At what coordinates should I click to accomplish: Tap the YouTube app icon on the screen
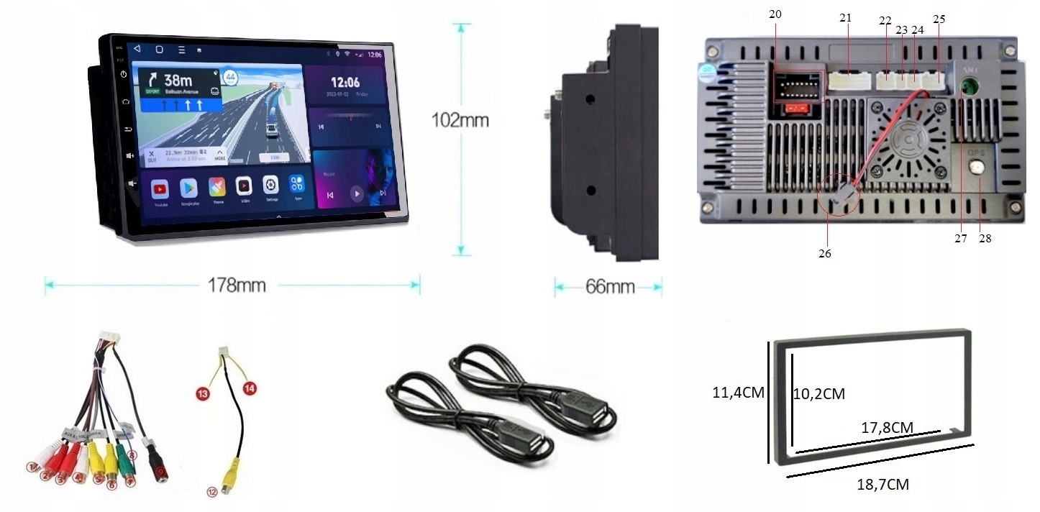[160, 189]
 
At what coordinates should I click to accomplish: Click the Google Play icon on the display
[188, 188]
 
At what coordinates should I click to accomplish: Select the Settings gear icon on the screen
[270, 184]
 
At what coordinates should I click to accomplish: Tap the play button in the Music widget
[356, 193]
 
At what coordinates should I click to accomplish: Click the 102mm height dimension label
[460, 119]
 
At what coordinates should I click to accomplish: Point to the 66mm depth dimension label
[609, 287]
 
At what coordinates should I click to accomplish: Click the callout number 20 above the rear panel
[775, 14]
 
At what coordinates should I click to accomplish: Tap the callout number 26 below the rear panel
[824, 253]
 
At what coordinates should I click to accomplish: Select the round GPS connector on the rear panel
[977, 169]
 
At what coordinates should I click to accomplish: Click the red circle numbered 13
[203, 393]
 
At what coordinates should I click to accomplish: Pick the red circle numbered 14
[250, 388]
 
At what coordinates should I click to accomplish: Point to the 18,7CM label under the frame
[882, 485]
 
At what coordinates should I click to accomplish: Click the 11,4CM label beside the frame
[738, 393]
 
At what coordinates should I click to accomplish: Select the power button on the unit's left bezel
[124, 74]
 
